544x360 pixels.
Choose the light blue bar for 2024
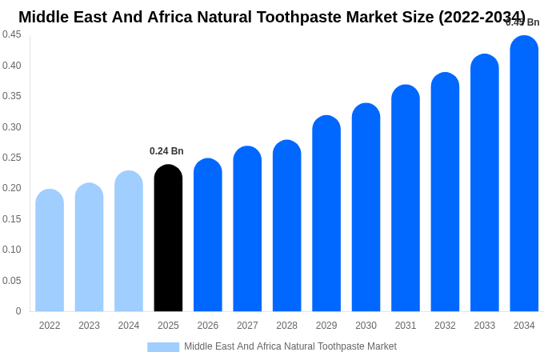pyautogui.click(x=129, y=242)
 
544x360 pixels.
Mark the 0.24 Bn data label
pyautogui.click(x=166, y=151)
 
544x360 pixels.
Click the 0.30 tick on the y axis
pyautogui.click(x=11, y=127)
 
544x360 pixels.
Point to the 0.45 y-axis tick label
pyautogui.click(x=11, y=34)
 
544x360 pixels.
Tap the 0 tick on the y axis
pyautogui.click(x=18, y=311)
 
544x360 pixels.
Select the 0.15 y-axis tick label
pyautogui.click(x=11, y=219)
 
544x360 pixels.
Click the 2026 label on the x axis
pyautogui.click(x=208, y=326)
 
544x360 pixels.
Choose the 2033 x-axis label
pyautogui.click(x=485, y=326)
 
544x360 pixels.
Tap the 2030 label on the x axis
pyautogui.click(x=366, y=326)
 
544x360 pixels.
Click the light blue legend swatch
pyautogui.click(x=163, y=347)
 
